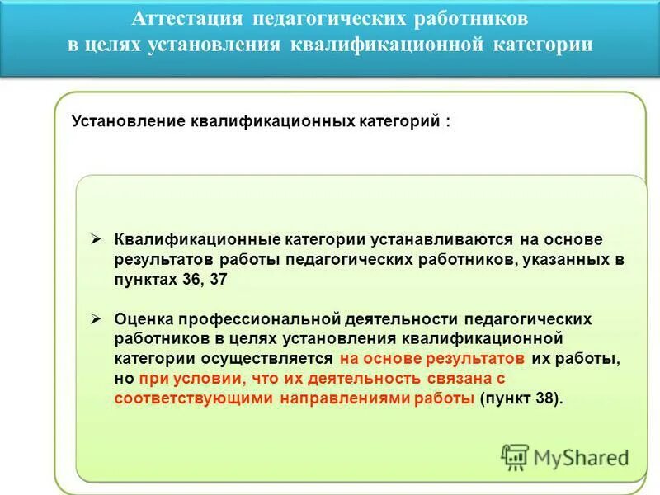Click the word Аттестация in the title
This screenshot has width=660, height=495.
pyautogui.click(x=190, y=19)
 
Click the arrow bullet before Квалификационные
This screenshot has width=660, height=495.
pyautogui.click(x=97, y=238)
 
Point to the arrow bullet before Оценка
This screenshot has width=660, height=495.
pyautogui.click(x=97, y=318)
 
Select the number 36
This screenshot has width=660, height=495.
pyautogui.click(x=191, y=279)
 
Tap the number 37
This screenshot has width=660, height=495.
pyautogui.click(x=217, y=279)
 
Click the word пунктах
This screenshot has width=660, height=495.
pyautogui.click(x=145, y=279)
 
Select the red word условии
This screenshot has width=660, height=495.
pyautogui.click(x=202, y=378)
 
